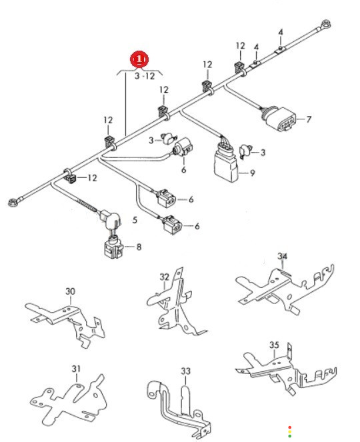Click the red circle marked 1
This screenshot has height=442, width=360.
[139, 60]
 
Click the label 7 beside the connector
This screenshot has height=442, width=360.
[309, 119]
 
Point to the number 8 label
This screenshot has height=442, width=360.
[139, 247]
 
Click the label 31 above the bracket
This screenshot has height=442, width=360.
[76, 369]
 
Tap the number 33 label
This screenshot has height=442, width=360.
[185, 371]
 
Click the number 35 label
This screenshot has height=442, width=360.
[274, 345]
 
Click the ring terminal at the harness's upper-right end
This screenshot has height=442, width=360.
[326, 24]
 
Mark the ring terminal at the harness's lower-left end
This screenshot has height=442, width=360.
[13, 203]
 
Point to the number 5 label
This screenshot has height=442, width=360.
[135, 220]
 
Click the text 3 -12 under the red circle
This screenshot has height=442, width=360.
[145, 76]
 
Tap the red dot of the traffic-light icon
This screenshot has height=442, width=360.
[289, 427]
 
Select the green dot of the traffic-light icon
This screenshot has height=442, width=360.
[289, 436]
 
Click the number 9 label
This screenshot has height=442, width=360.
[252, 173]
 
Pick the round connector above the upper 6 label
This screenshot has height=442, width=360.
[183, 146]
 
